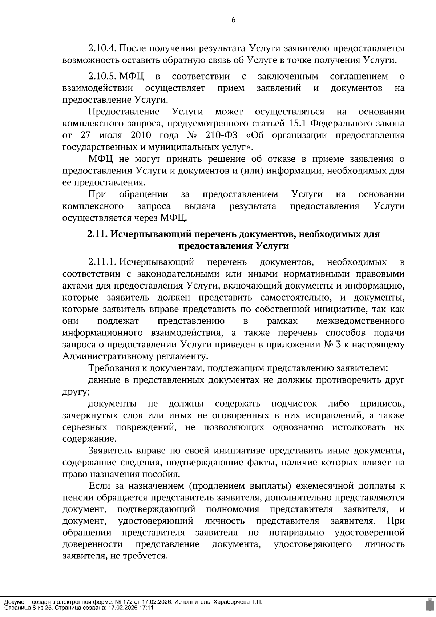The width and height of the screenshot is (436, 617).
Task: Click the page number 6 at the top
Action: tap(233, 20)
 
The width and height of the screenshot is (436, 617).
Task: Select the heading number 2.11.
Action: tap(97, 234)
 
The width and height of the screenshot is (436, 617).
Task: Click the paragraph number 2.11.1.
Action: tap(102, 262)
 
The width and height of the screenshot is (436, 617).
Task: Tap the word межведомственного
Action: tap(360, 321)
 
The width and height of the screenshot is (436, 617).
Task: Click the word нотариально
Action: tap(296, 533)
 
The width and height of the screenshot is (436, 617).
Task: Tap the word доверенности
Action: tap(92, 544)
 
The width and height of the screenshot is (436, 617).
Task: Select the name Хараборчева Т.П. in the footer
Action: tap(237, 602)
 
